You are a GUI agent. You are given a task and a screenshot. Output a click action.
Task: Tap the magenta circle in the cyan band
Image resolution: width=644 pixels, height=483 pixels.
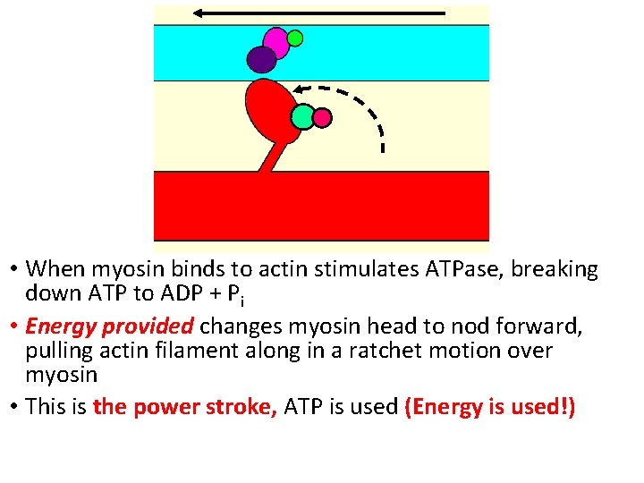tap(276, 42)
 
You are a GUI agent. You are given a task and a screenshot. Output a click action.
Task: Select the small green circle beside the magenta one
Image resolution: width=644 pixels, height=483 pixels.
tap(295, 38)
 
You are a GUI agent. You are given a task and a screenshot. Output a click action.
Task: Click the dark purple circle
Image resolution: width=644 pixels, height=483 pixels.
tap(261, 60)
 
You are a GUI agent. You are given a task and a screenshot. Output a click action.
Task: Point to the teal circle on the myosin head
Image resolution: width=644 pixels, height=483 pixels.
tap(303, 116)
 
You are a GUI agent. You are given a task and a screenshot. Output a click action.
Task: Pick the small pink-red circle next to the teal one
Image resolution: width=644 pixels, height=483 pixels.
tap(323, 117)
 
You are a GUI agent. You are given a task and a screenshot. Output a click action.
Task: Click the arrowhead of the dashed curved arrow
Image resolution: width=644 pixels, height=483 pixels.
tap(300, 89)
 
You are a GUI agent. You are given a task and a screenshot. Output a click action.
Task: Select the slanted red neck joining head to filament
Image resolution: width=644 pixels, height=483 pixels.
tap(270, 157)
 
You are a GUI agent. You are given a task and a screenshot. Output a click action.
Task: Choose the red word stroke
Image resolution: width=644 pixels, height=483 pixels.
tap(243, 407)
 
